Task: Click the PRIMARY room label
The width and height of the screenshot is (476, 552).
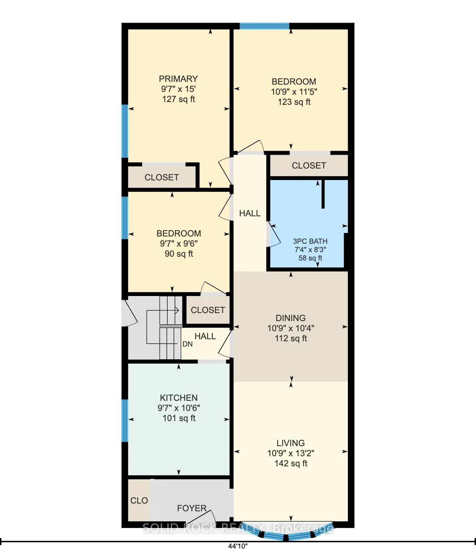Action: point(178,79)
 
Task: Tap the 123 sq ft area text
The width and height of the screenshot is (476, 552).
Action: point(294,102)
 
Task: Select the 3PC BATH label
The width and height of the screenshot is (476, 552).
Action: point(310,241)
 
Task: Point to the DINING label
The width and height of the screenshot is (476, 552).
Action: point(291,318)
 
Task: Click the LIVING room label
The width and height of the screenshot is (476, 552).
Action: point(291,443)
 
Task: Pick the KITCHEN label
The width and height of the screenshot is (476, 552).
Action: point(178,398)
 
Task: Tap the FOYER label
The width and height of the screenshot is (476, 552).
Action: point(192,508)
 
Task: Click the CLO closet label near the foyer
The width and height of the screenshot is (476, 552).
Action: point(139,500)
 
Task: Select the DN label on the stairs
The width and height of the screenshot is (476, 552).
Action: point(188,344)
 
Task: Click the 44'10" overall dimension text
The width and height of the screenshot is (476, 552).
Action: point(238,546)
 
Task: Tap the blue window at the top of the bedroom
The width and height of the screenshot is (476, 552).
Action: point(264,26)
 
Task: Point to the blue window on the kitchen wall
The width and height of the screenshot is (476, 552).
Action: point(125,421)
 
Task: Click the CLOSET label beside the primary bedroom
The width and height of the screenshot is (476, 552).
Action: point(161,177)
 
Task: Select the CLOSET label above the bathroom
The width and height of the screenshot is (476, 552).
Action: point(309,165)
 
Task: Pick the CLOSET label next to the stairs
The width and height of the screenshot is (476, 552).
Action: point(208,310)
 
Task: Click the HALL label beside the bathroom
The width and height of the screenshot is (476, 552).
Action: point(250,213)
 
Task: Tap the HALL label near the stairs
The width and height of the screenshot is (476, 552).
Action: point(205,336)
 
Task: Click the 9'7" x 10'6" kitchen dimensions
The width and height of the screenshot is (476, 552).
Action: point(179,408)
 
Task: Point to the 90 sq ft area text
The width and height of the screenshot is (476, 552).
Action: point(179,254)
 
